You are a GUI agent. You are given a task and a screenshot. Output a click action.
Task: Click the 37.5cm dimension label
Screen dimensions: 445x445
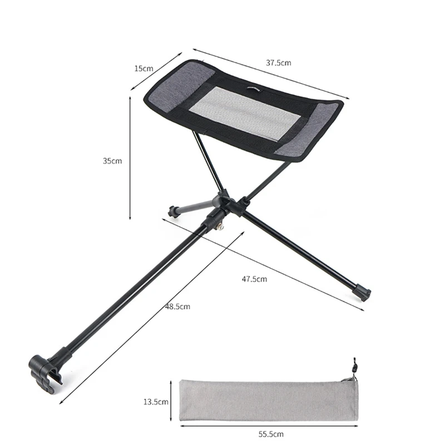278,63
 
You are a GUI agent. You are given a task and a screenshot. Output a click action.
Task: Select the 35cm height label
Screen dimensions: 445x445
112,161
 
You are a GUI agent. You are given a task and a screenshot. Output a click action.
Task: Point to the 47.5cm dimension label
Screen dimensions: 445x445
254,279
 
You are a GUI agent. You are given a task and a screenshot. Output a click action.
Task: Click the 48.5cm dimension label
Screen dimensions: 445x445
177,306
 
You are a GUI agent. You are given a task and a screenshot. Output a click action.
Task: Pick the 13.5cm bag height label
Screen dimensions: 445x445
155,400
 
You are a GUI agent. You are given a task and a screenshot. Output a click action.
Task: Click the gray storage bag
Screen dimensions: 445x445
267,400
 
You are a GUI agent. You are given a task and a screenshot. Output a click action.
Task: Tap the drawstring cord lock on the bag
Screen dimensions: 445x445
354,367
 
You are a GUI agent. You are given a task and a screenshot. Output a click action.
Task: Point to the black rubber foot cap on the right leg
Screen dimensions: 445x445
362,293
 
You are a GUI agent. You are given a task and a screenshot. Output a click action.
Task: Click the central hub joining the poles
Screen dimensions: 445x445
225,202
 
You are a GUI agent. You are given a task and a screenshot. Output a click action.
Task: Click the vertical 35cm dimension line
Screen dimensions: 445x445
130,159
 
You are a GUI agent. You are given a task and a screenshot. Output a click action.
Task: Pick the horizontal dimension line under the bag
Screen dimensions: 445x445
269,426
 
